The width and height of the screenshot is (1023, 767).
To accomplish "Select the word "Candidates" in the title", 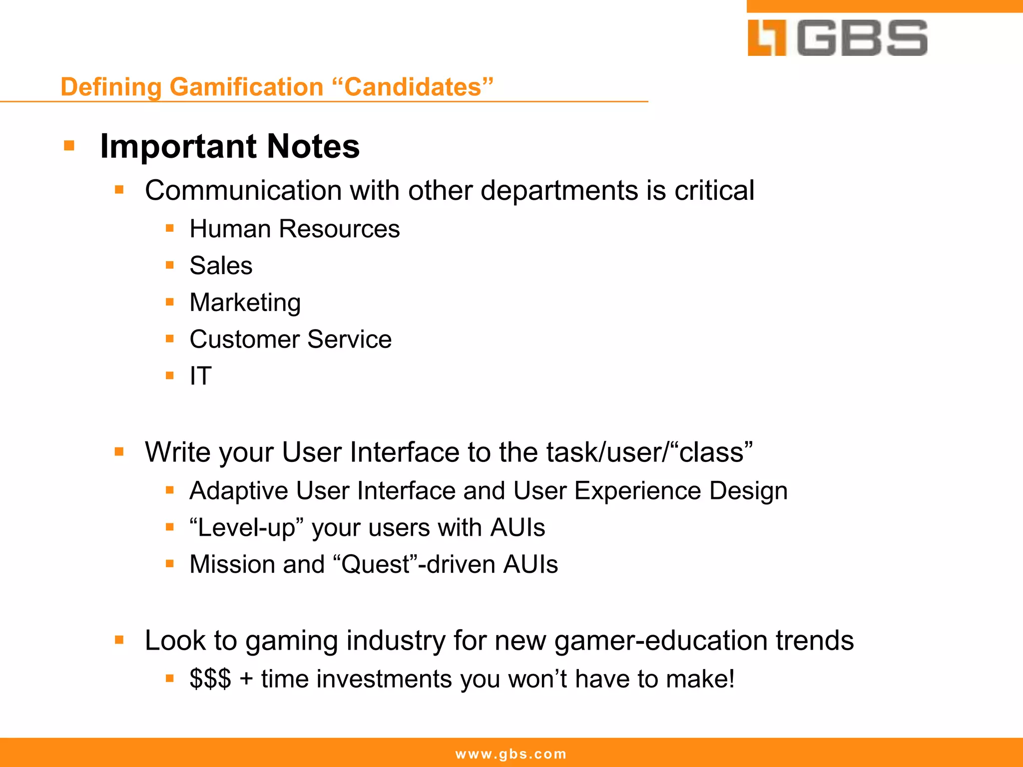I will (x=413, y=87).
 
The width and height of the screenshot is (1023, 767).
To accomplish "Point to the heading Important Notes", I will (x=229, y=146).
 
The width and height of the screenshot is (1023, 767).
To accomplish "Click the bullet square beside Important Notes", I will (x=69, y=146).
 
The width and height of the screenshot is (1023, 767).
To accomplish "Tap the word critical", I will (x=714, y=190).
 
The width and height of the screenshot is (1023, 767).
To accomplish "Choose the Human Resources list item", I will (x=294, y=229).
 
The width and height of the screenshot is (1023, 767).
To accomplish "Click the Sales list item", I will (x=221, y=266).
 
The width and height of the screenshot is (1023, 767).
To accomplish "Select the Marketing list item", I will (x=245, y=303).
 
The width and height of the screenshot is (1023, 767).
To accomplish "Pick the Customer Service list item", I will (x=290, y=340).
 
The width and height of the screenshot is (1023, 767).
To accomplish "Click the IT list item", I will (x=200, y=376).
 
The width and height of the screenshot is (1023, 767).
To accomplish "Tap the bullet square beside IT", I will (x=170, y=376).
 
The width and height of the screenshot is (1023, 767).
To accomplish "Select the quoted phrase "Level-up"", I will (x=246, y=528).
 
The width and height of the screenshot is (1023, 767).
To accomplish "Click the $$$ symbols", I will (x=210, y=679).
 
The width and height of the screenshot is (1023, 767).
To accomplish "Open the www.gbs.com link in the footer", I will (x=511, y=754).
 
